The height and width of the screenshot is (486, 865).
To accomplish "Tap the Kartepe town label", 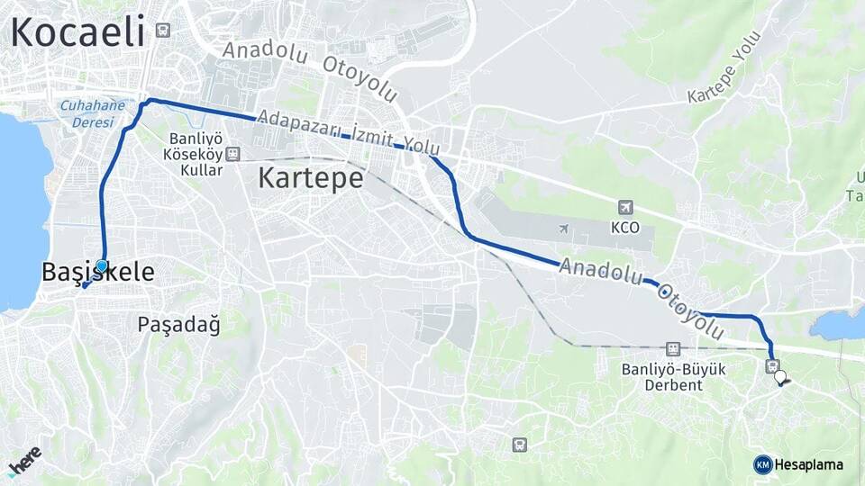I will tap(310, 177).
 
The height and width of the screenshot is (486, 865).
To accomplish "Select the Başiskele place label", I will tap(97, 272).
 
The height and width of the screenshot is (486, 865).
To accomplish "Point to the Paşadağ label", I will tap(178, 324).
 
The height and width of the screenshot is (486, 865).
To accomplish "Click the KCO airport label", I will tap(624, 228).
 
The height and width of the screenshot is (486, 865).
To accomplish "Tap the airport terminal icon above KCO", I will tap(625, 208).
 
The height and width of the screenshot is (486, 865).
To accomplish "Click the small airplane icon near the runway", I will tap(564, 229).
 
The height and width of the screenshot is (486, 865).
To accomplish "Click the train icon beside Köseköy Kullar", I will tap(233, 154).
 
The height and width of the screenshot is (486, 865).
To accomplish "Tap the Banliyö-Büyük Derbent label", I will tap(673, 376).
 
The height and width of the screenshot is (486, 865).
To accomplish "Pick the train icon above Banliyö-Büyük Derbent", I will tap(672, 348).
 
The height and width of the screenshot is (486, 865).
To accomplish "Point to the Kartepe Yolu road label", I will tap(725, 67).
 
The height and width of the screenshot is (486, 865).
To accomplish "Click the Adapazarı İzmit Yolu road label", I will tap(348, 133).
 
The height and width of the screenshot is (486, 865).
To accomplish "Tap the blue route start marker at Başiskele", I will tap(102, 265).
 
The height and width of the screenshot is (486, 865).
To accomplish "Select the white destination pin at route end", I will tap(779, 378).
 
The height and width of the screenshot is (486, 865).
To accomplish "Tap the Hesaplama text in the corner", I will tap(808, 464).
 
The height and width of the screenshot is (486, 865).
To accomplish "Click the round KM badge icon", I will tap(762, 464).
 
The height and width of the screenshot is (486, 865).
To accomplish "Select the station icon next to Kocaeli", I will tap(162, 30).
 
